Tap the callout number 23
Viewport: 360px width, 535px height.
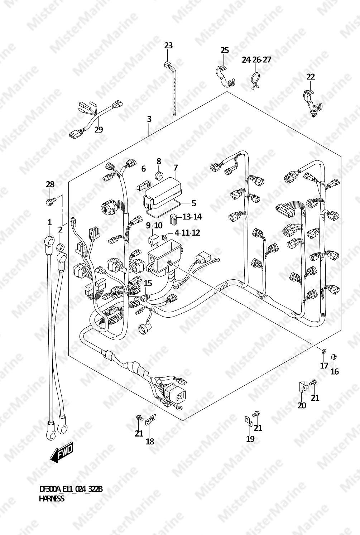pos(168,45)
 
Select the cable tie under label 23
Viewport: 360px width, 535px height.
pos(172,88)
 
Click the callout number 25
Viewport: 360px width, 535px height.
pos(225,50)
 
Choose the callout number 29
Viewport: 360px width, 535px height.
pos(99,130)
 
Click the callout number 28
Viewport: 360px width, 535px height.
pos(50,184)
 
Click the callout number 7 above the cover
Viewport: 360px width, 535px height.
pos(176,168)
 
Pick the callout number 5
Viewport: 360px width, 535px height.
pos(194,203)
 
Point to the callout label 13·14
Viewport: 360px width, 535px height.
pos(192,217)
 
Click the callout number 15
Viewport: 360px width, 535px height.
pos(148,283)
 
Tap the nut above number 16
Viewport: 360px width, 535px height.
pos(334,357)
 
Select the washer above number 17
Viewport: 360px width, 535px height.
pos(324,351)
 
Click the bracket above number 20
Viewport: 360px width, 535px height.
pos(303,387)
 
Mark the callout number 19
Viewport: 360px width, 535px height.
pos(250,439)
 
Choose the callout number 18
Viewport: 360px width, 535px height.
pos(150,442)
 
